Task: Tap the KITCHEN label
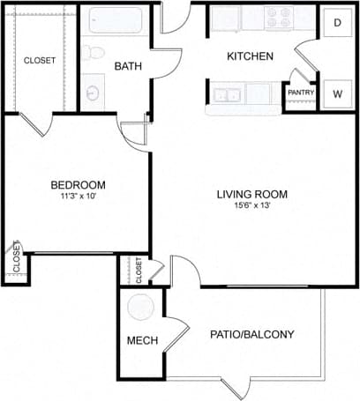tap(250, 56)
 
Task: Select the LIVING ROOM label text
tap(252, 194)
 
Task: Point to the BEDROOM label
tap(78, 184)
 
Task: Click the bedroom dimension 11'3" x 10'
tap(78, 196)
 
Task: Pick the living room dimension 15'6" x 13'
tap(252, 206)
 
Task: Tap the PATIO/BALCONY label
tap(251, 335)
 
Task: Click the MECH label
tap(141, 341)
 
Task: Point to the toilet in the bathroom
tap(94, 51)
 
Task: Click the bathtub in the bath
tap(116, 20)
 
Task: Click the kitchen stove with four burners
tap(284, 17)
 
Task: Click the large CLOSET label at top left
tap(39, 61)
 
